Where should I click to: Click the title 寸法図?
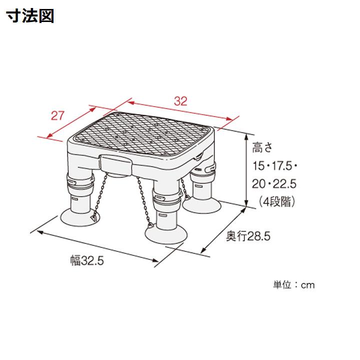pyautogui.click(x=30, y=16)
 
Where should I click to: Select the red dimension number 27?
pyautogui.click(x=58, y=115)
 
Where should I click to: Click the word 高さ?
pyautogui.click(x=263, y=148)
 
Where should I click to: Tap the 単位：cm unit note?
pyautogui.click(x=294, y=284)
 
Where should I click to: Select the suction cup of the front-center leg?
pyautogui.click(x=166, y=233)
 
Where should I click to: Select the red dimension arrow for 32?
pyautogui.click(x=180, y=111)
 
